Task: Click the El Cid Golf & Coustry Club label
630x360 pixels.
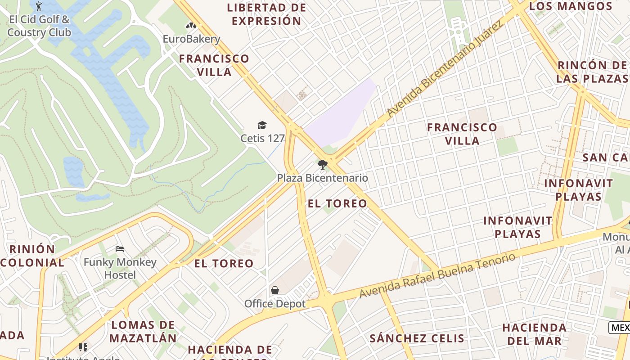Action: pos(39,26)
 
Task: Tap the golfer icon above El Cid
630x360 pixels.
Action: pos(39,6)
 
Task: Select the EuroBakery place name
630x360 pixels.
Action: pos(191,39)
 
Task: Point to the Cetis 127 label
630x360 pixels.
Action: pos(262,138)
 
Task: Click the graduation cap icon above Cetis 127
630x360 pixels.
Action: pos(262,125)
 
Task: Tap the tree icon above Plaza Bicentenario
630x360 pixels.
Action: pos(322,165)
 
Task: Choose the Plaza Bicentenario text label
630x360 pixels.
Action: pos(322,178)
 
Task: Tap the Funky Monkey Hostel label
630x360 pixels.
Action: pos(120,268)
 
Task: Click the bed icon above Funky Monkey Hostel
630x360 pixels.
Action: pos(120,249)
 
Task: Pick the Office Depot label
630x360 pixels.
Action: pos(274,304)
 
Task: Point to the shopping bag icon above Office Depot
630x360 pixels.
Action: pos(274,290)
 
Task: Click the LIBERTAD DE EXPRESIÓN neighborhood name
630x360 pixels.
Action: pos(266,14)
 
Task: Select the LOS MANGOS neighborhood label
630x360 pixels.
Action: pos(570,6)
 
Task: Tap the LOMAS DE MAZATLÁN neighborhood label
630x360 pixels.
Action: pos(143,331)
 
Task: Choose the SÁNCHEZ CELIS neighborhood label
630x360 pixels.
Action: pos(417,338)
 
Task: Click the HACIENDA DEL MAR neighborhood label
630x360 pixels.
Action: pos(534,334)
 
